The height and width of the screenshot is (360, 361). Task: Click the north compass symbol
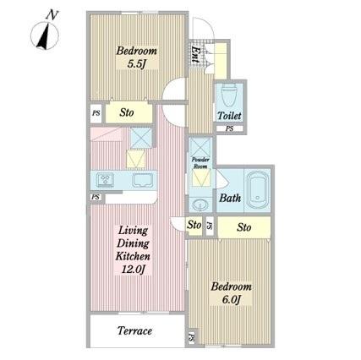point(45,33)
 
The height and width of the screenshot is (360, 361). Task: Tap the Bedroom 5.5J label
point(137,57)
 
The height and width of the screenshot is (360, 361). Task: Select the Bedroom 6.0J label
point(231,293)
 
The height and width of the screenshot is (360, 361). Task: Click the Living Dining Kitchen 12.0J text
point(133,250)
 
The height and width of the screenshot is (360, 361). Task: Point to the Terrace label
point(134,330)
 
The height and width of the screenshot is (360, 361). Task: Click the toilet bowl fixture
point(229,95)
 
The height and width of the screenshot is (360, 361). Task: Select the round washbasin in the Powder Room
point(200,204)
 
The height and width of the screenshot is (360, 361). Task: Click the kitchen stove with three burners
point(105,180)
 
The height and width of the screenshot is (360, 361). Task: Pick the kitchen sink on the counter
point(143,180)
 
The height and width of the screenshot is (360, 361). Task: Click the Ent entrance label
point(194,54)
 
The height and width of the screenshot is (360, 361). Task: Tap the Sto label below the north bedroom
point(127,112)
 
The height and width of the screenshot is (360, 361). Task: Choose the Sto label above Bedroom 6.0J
point(244,227)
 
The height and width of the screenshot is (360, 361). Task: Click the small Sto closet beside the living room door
point(194,226)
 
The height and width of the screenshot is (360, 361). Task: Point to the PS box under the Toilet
point(230,128)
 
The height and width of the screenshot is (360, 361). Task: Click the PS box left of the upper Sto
point(96,113)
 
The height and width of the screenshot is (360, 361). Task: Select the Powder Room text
point(200,163)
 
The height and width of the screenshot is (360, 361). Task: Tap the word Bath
point(230,198)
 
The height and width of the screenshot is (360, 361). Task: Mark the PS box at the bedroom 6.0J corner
point(192,337)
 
